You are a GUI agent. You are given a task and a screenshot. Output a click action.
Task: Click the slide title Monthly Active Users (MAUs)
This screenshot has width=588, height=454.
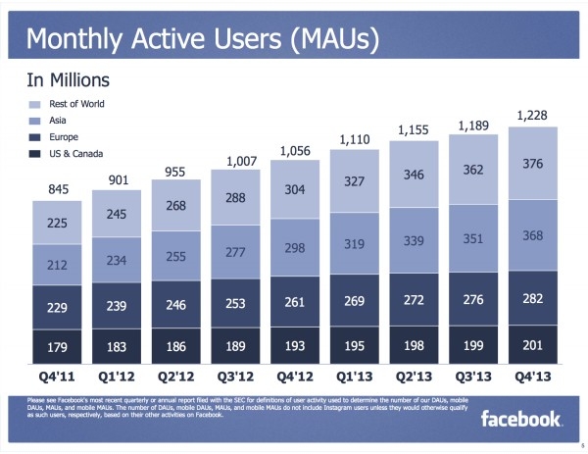click(202, 42)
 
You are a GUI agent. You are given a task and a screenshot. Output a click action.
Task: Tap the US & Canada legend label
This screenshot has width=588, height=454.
click(75, 154)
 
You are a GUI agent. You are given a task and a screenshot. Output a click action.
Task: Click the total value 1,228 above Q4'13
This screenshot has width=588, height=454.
click(533, 116)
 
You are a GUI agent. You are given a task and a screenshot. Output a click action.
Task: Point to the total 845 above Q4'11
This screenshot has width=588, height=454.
click(55, 189)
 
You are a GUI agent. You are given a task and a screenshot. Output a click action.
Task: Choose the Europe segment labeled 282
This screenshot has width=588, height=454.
click(533, 298)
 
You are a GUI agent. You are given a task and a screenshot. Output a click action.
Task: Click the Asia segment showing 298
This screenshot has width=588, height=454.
click(294, 249)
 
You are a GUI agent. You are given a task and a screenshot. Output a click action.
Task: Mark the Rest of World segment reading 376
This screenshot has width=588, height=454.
click(533, 164)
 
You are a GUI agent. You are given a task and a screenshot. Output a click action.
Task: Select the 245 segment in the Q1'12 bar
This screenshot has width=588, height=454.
click(116, 215)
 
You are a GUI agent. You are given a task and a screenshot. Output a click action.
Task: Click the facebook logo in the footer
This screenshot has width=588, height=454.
click(521, 420)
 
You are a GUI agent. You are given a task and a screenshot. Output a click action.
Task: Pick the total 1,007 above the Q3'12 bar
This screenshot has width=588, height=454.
click(240, 161)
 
